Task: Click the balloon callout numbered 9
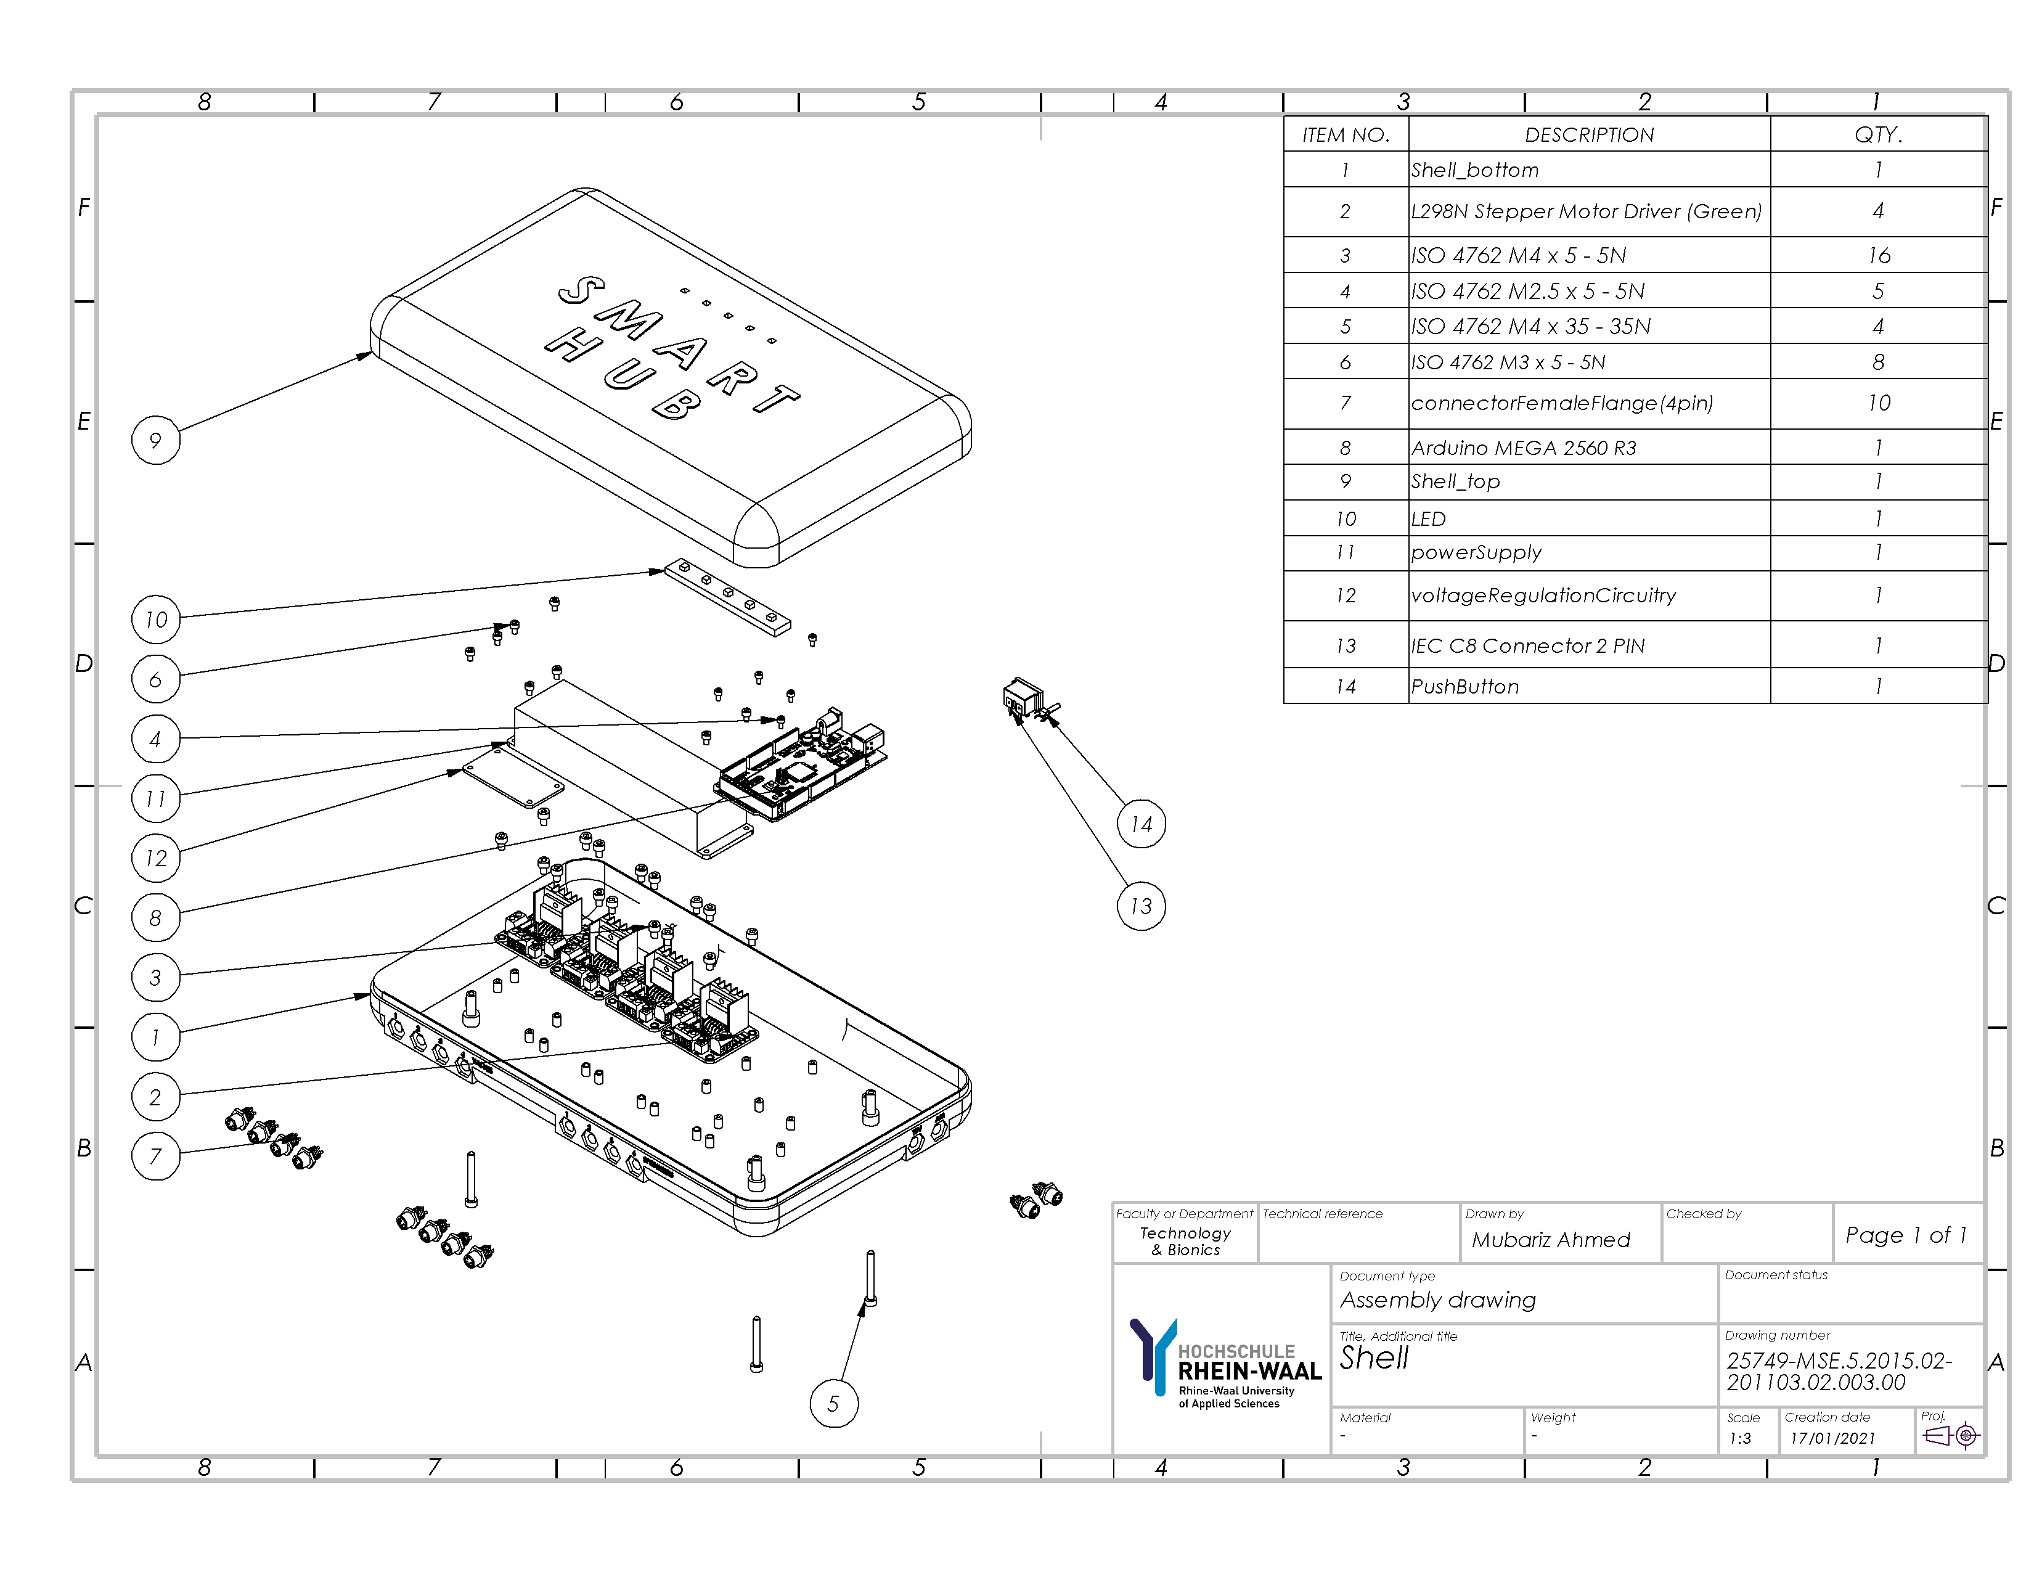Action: point(155,441)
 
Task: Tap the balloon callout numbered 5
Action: point(833,1404)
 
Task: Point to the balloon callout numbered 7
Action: point(155,1156)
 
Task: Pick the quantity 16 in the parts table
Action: point(1879,255)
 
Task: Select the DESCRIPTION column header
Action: point(1589,135)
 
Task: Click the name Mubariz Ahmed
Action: point(1551,1240)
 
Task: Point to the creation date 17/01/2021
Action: point(1832,1438)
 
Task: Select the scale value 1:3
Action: point(1740,1438)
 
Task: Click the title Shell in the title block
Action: point(1374,1358)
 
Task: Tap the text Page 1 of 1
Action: point(1905,1235)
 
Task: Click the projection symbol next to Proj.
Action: point(1952,1436)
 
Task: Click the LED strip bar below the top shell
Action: point(727,597)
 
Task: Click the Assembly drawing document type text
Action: point(1437,1300)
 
